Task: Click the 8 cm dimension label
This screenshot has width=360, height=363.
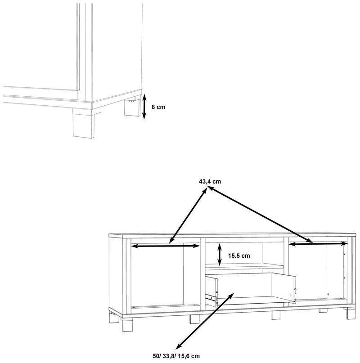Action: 158,107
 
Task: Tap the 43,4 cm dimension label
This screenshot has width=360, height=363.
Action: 210,182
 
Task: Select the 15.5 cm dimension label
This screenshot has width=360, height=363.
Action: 239,256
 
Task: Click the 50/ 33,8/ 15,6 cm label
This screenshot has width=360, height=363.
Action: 176,356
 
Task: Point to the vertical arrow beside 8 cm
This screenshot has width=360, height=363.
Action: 144,107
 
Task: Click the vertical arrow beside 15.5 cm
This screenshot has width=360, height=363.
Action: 219,255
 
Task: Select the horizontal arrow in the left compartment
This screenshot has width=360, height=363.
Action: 166,246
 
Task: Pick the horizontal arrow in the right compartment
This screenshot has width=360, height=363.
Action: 318,243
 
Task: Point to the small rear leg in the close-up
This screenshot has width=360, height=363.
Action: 132,108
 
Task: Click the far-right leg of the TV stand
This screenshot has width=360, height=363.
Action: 351,314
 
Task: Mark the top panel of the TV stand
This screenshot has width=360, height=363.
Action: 232,235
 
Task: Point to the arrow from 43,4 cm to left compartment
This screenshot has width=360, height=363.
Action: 188,215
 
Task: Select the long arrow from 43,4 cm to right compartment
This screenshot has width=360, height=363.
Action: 261,215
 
